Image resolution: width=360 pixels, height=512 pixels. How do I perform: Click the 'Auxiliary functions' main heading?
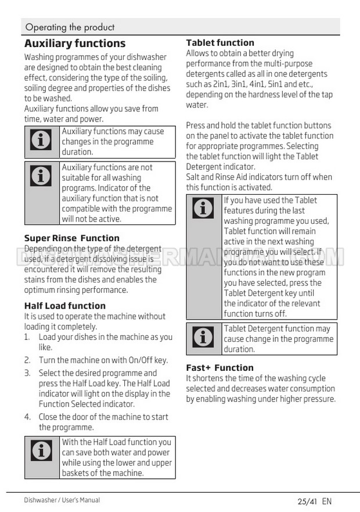point(75,44)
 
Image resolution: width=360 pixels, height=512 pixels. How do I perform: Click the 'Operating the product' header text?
point(70,27)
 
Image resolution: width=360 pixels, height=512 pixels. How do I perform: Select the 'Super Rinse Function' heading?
point(72,238)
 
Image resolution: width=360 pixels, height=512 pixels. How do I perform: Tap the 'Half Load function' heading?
point(65,306)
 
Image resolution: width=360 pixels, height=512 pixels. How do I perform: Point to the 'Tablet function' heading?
point(220,42)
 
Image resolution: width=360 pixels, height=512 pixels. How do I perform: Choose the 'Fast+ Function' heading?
point(219,367)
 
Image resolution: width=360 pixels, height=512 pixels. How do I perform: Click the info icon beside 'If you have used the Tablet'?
point(203,208)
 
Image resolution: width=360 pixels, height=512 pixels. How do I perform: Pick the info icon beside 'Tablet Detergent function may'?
point(203,336)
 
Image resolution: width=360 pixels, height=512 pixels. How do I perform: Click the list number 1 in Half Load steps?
point(27,337)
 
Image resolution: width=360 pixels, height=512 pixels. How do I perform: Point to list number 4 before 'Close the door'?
point(27,417)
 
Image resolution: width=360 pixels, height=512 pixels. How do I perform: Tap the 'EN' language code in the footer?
point(326,501)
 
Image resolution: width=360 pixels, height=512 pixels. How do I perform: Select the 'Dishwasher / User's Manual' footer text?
point(62,500)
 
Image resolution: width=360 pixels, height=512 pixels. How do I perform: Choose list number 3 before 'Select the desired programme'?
point(27,373)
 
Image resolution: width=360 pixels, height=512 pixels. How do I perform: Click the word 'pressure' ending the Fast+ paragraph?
point(318,399)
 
